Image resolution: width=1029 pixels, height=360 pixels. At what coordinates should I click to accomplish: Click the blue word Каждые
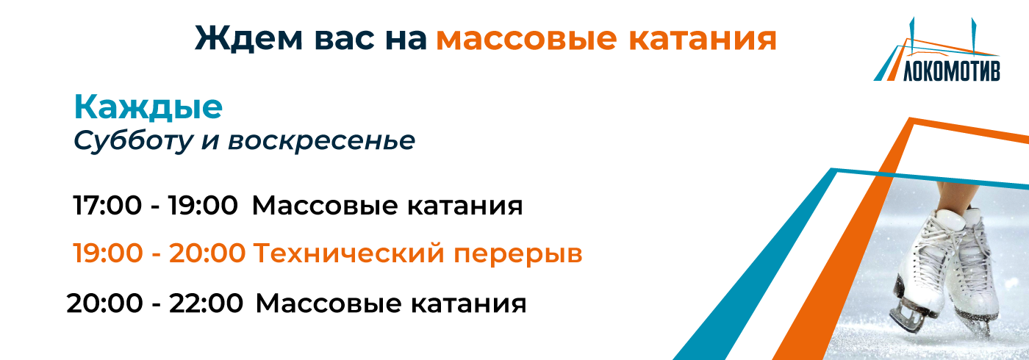coord(148,108)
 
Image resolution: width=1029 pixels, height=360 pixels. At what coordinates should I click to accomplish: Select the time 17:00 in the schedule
coord(107,206)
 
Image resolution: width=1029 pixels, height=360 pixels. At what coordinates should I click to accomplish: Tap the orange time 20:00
coord(207,254)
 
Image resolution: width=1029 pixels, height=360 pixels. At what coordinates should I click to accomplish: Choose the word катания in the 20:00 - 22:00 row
coord(465,303)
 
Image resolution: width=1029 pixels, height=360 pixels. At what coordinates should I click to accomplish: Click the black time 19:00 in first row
coord(202,206)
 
